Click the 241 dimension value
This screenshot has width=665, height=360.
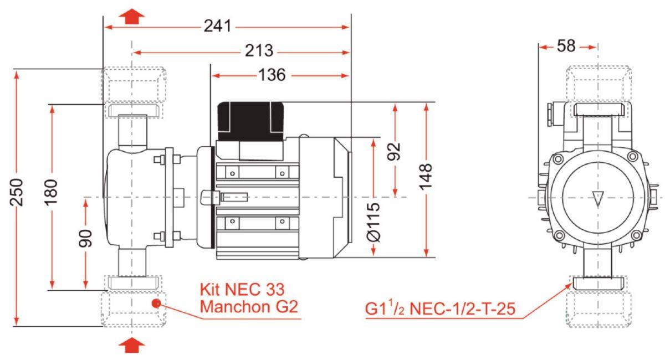[217, 26]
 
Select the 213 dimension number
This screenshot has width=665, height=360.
[259, 51]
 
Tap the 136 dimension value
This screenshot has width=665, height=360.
[272, 75]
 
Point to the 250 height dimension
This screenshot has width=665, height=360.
[16, 192]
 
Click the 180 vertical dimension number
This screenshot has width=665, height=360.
[51, 192]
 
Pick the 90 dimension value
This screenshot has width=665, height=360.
[85, 238]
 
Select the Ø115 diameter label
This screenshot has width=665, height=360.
[374, 222]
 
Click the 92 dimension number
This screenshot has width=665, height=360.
[395, 152]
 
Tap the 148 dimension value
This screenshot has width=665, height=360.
[426, 177]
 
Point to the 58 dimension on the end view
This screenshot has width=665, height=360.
[566, 46]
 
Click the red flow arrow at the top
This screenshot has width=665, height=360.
[131, 16]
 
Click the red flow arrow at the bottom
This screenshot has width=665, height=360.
[131, 345]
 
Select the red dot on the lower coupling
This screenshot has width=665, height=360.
[156, 304]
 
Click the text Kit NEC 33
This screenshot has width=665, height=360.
[242, 289]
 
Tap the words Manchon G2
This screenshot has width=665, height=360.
[249, 307]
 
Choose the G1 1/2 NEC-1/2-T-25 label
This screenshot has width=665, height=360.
[440, 308]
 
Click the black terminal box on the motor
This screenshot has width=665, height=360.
[251, 121]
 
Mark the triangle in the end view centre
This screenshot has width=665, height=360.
[597, 198]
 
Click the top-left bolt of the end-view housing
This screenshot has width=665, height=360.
[558, 158]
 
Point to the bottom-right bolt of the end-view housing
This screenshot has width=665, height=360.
[636, 235]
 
